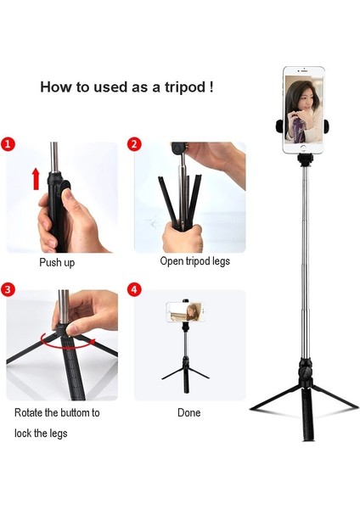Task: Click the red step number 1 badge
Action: click(x=8, y=144)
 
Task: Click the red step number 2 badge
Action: click(x=134, y=144)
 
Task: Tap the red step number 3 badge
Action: click(x=8, y=289)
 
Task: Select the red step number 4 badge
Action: click(x=134, y=289)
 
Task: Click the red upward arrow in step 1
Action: click(x=36, y=179)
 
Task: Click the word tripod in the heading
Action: click(x=173, y=87)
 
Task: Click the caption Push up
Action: click(x=57, y=263)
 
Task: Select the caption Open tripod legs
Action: click(x=194, y=261)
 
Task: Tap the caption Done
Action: click(x=189, y=413)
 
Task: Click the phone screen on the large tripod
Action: click(x=302, y=110)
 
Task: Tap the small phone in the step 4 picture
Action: click(x=185, y=311)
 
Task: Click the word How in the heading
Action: click(x=54, y=87)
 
